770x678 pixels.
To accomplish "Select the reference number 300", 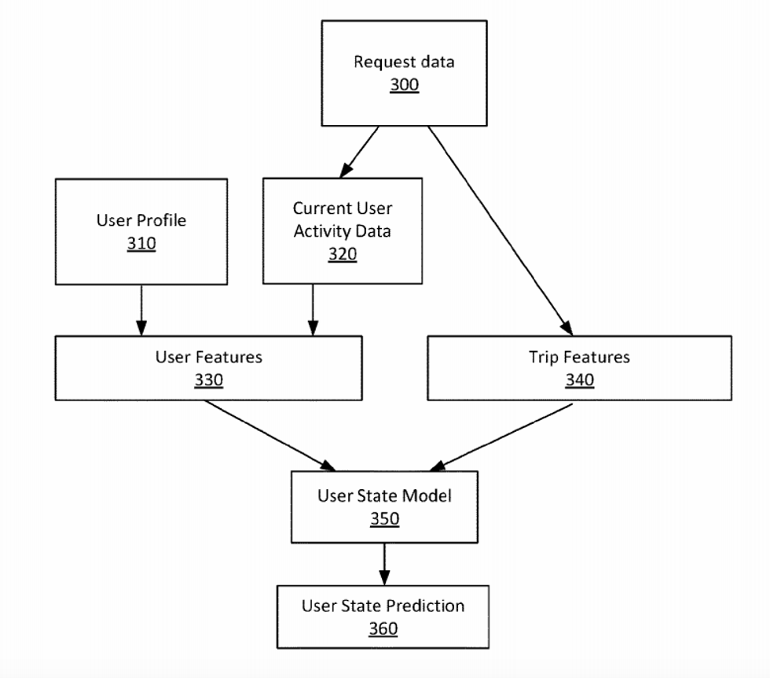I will point(404,85).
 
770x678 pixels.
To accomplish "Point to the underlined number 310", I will point(141,244).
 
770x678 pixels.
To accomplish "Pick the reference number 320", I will point(342,254).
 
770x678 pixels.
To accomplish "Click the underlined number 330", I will point(209,381).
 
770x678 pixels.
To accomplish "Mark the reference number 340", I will point(579,381).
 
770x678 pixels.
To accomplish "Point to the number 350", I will point(384,519).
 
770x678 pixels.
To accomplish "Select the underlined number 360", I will point(383,629).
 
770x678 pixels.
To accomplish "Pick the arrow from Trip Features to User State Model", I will point(503,436).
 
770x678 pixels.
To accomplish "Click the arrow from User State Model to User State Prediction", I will point(384,563).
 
